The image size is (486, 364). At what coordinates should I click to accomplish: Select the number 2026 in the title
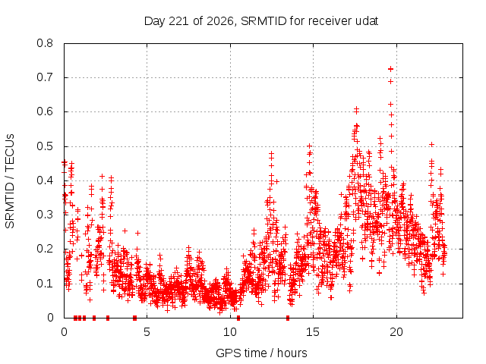(x=220, y=21)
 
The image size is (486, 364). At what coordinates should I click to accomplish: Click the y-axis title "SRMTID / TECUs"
(x=10, y=181)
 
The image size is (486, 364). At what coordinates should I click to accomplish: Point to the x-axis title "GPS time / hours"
(x=261, y=353)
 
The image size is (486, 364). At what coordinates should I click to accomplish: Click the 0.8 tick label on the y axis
(x=45, y=43)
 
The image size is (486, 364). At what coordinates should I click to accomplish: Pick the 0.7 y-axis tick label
(x=45, y=77)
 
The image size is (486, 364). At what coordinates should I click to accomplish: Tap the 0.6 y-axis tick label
(x=45, y=111)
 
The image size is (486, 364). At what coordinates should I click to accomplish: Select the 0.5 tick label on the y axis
(x=45, y=146)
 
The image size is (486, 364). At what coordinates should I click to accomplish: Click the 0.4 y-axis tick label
(x=45, y=180)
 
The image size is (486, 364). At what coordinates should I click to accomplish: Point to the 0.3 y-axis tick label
(x=45, y=215)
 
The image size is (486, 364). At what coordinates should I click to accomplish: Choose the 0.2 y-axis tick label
(x=45, y=249)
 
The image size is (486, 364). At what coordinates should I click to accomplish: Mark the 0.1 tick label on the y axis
(x=45, y=283)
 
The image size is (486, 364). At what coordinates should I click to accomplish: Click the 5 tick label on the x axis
(x=147, y=332)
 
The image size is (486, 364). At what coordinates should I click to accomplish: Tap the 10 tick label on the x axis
(x=230, y=332)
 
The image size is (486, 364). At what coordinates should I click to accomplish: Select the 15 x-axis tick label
(x=313, y=332)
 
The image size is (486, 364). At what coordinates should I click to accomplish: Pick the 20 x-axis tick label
(x=396, y=332)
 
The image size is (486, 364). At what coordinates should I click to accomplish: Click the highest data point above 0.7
(x=390, y=69)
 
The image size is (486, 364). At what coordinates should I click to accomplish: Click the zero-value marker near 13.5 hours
(x=288, y=318)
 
